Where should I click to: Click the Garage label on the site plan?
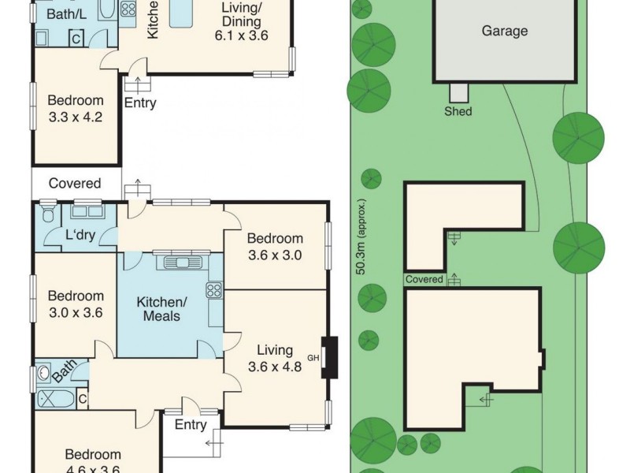[x=505, y=32]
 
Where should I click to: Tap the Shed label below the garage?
[x=458, y=111]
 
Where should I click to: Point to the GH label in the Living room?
[x=313, y=358]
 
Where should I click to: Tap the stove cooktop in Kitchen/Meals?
[x=214, y=290]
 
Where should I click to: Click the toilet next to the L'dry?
[x=47, y=214]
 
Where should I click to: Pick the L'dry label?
[x=80, y=235]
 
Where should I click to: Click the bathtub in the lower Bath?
[x=55, y=398]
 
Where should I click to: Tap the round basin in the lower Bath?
[x=43, y=372]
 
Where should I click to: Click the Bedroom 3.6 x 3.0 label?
[x=275, y=247]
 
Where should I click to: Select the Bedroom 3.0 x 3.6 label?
[x=76, y=304]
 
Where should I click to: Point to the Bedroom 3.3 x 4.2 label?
[x=76, y=109]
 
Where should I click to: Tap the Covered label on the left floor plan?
[x=75, y=183]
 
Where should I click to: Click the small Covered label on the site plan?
[x=424, y=279]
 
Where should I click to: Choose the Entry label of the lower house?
[x=191, y=425]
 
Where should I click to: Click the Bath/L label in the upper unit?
[x=67, y=14]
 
